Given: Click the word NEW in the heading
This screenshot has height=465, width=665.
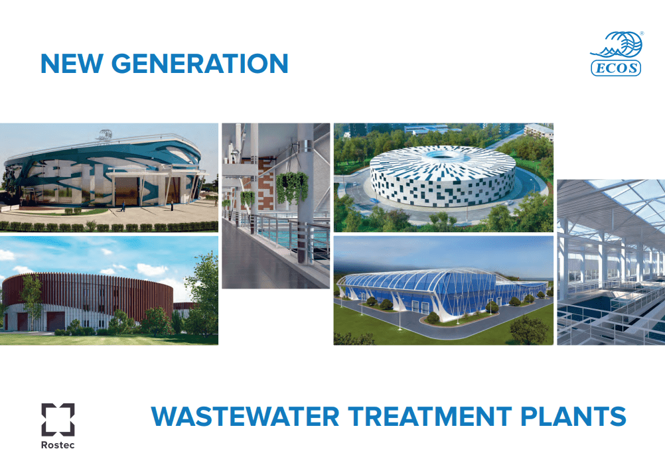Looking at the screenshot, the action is pos(71,63).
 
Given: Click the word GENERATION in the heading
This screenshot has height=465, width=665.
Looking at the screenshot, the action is pos(200,63).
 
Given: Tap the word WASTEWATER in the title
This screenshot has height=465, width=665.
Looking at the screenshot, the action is pos(245,416).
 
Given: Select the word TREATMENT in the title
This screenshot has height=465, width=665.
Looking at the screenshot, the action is pos(430,416).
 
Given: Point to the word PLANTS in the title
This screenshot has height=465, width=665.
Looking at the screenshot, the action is pos(573,416).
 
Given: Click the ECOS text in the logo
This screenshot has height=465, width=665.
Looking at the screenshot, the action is pos(616,68).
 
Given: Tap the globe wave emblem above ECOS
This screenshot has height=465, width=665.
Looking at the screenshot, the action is pos(617,44).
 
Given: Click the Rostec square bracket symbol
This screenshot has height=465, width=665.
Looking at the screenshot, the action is pos(58,420).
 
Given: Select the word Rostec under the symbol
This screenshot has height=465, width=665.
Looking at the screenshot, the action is pos(58,445).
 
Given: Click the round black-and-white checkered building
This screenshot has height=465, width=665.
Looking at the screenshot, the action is pos(443,175).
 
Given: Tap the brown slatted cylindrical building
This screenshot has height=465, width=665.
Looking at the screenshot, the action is pos(87,301).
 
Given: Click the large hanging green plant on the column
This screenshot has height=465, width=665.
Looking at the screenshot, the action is pos(292,186).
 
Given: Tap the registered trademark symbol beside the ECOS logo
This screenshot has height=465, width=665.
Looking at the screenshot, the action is pos(642,33).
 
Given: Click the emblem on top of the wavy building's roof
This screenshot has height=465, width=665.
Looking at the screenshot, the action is pos(104,135).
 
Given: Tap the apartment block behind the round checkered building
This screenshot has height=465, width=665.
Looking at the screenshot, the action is pos(539,131).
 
